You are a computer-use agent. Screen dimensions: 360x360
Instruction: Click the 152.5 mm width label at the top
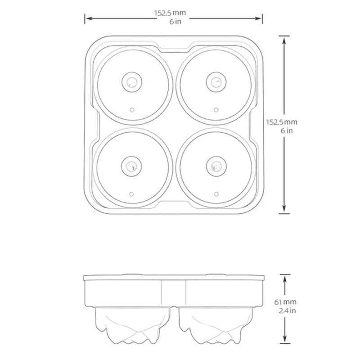170,13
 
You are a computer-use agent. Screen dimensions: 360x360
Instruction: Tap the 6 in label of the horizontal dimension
175,22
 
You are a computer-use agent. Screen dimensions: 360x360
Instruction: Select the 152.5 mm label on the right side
282,122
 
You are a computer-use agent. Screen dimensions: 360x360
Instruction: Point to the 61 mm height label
285,302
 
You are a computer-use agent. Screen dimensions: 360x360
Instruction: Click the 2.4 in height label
287,310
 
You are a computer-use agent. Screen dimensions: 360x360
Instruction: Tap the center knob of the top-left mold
132,82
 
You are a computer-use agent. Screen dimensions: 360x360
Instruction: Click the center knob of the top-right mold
216,82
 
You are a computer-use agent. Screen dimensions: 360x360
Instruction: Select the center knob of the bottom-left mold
131,166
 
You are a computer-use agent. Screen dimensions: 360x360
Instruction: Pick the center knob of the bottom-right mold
216,166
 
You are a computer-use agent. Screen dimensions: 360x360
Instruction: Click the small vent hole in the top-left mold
132,110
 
